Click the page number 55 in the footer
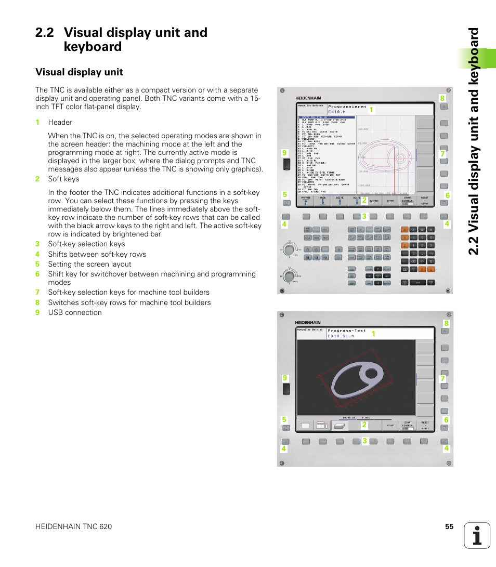click(449, 526)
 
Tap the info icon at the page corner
click(477, 535)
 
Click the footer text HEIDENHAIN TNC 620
click(73, 526)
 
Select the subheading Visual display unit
click(79, 72)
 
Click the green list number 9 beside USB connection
click(37, 312)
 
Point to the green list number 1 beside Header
click(37, 122)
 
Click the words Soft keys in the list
click(63, 179)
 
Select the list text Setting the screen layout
click(89, 264)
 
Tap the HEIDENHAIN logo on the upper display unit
click(308, 98)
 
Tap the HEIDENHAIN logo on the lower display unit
click(308, 323)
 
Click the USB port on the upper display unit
click(286, 165)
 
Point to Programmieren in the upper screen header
click(347, 107)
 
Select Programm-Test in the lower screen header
click(347, 331)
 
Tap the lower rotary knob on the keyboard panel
click(288, 275)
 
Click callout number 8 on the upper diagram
click(442, 98)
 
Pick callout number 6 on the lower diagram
click(446, 420)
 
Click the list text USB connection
click(75, 312)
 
